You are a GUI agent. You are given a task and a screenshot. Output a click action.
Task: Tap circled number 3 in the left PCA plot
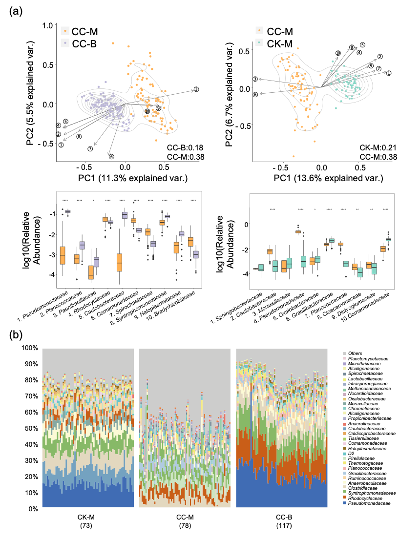196,89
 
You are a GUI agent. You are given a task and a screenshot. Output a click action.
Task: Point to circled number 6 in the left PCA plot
111,156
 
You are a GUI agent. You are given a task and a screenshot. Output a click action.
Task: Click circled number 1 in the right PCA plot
389,73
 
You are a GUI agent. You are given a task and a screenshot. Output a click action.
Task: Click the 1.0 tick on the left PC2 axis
48,25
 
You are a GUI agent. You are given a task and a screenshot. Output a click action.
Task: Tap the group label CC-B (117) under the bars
281,521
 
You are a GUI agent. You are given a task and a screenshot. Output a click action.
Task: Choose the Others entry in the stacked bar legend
356,353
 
